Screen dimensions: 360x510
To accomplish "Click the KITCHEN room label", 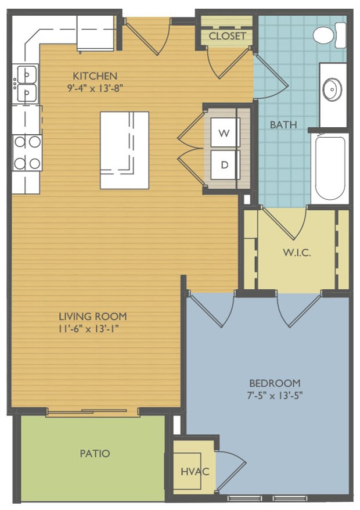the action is (x=95, y=76).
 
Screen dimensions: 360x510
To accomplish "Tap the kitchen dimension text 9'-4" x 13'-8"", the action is (x=95, y=88).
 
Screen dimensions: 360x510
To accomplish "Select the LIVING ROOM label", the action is (x=93, y=316).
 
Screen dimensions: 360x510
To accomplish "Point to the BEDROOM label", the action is (x=275, y=383).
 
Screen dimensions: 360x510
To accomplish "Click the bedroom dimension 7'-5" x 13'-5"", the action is (x=275, y=396).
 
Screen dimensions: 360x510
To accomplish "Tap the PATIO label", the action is (x=95, y=454).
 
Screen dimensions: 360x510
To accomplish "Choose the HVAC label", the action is (x=195, y=471).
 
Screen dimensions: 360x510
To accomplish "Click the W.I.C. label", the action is (x=297, y=253).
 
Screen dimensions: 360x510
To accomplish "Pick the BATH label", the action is (x=283, y=124).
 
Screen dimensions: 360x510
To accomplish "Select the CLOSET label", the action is (x=227, y=36).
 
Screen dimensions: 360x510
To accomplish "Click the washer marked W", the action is (x=224, y=132).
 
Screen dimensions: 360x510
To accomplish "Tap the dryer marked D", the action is (x=224, y=164).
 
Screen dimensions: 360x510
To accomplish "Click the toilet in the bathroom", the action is (x=329, y=35).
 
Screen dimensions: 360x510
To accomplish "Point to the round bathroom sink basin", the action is (x=332, y=89).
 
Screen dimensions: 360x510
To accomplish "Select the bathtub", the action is (x=330, y=168).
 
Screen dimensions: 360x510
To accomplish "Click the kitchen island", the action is (x=124, y=150).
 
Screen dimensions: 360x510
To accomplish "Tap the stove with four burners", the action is (x=27, y=153).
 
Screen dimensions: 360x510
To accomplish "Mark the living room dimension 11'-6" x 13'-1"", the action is (x=88, y=329).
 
